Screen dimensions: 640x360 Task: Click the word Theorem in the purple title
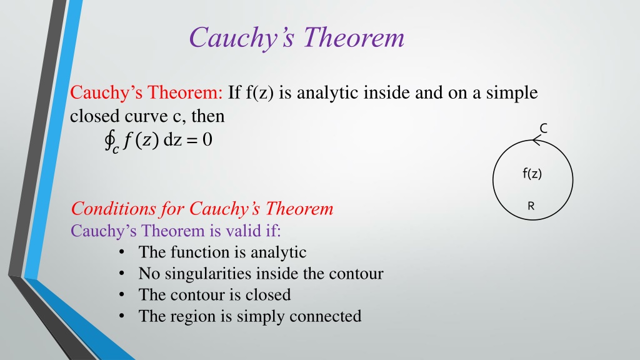pos(354,37)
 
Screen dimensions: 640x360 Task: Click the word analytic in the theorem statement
pos(327,93)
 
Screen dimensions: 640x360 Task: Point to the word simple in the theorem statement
pos(512,93)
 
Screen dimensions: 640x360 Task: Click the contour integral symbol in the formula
pos(109,141)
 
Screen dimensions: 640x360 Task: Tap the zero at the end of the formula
pos(207,139)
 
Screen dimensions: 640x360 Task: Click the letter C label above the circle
pos(543,129)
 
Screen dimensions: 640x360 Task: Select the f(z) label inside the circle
pos(532,174)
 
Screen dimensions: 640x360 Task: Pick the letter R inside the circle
pos(531,206)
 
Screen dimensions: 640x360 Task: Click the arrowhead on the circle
pos(537,142)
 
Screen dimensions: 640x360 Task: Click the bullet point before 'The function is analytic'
pos(122,252)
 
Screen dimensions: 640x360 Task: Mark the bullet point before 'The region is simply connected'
pos(122,316)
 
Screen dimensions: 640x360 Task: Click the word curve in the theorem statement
pos(146,117)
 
